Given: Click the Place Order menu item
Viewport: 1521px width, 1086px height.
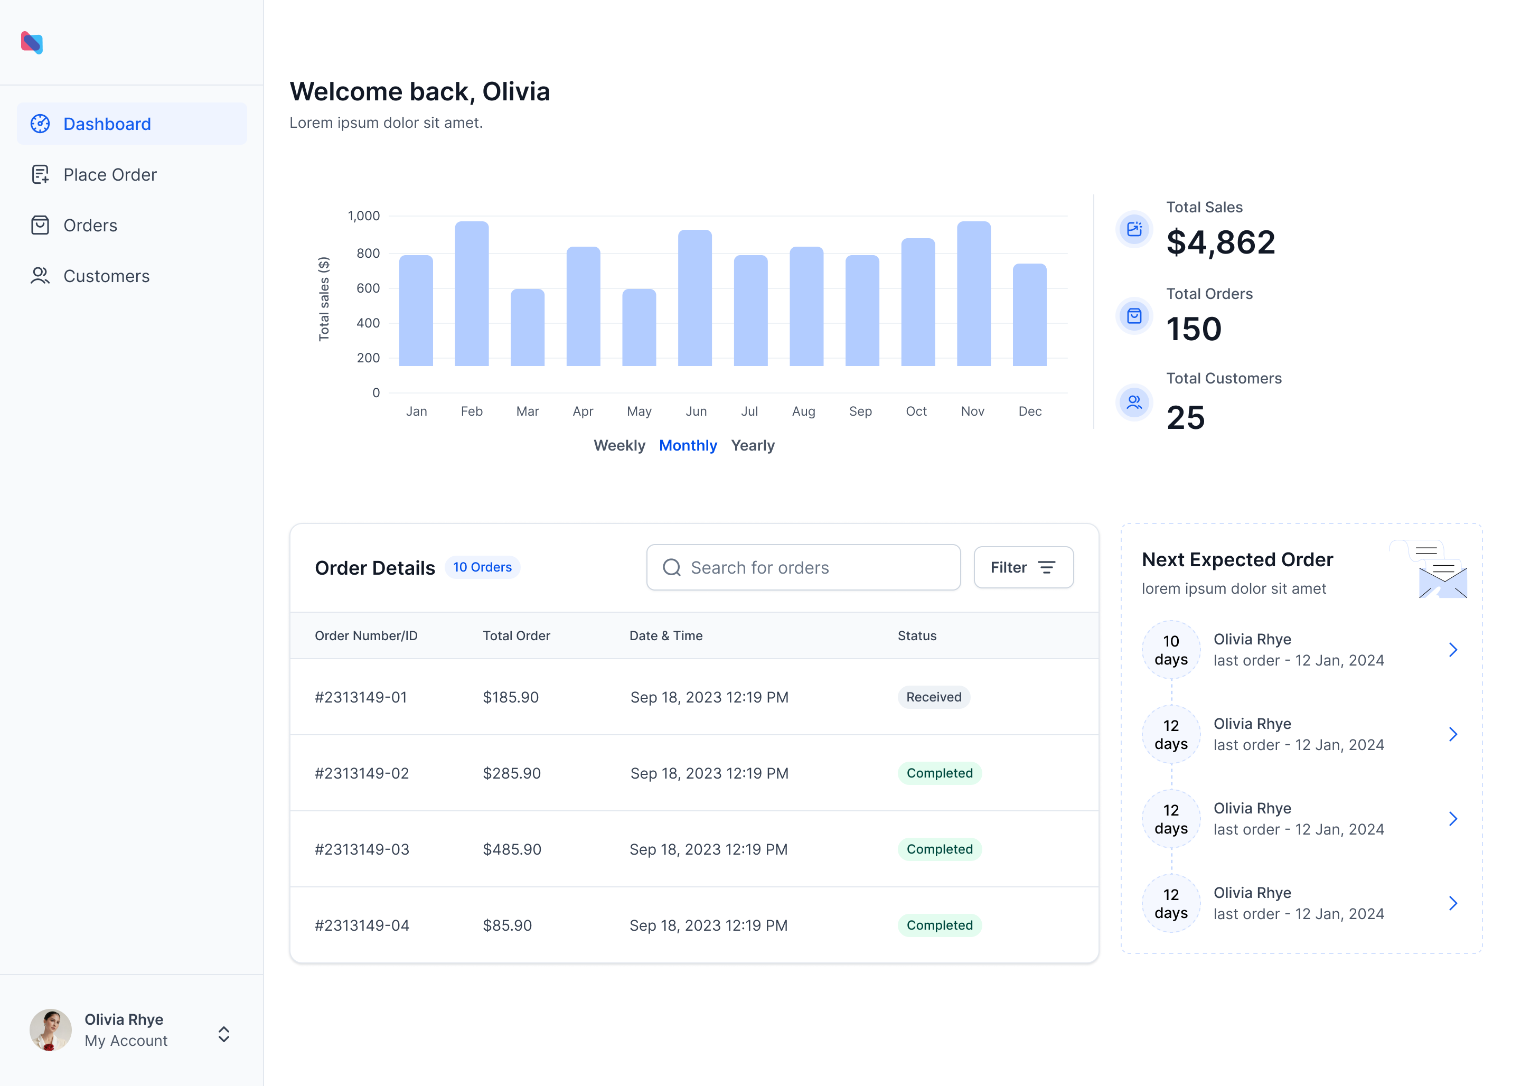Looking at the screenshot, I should point(110,174).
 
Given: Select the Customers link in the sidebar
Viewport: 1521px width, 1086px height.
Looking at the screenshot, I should point(106,276).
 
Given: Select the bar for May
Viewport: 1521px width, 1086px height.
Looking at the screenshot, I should point(639,327).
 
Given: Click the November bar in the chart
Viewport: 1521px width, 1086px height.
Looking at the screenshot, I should point(973,294).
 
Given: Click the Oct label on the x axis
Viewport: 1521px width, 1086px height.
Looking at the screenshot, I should point(916,411).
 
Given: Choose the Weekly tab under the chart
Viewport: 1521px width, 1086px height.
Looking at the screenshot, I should point(619,445).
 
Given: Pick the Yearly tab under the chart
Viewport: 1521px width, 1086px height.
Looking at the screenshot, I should point(752,445).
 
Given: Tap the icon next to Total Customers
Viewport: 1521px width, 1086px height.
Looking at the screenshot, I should point(1134,402).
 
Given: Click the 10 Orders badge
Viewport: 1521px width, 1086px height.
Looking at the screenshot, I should point(482,567).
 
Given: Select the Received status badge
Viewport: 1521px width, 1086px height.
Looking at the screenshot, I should point(933,697).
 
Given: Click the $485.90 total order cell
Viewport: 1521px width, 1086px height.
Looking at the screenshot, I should point(512,849).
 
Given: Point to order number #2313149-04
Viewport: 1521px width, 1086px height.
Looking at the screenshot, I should point(362,925).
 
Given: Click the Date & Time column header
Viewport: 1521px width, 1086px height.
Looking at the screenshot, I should point(665,636).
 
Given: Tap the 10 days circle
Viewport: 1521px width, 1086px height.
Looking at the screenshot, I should point(1171,650).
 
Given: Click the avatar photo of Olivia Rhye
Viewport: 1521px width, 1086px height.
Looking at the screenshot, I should point(50,1030).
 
